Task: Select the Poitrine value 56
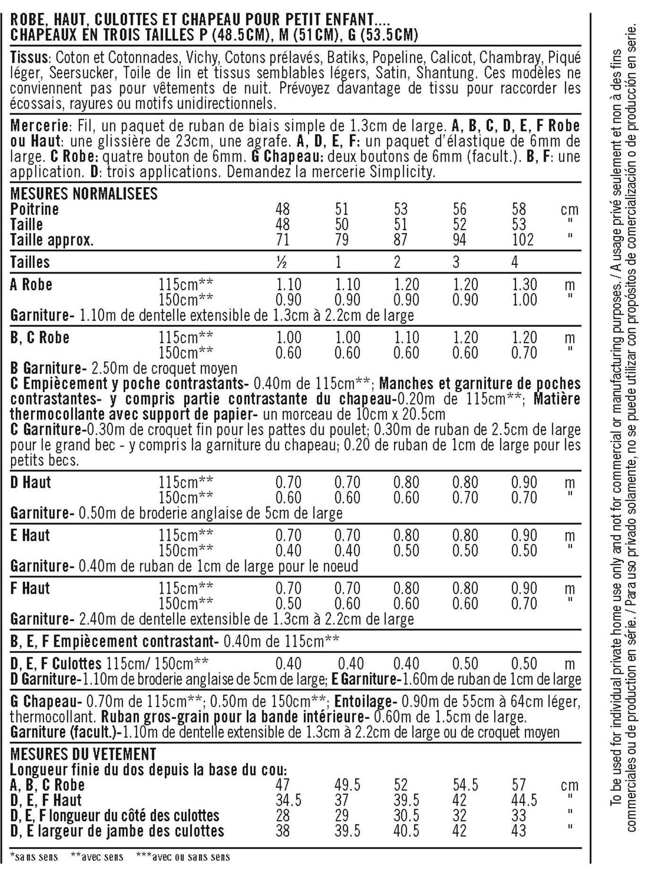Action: click(x=459, y=209)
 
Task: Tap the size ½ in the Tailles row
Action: click(x=282, y=262)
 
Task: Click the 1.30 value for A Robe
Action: click(x=524, y=284)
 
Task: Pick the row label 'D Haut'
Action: click(x=30, y=482)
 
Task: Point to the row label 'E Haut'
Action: click(x=30, y=535)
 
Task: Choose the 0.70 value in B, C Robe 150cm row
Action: click(x=524, y=353)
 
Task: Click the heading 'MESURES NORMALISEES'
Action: click(x=84, y=194)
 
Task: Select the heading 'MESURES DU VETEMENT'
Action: click(x=83, y=753)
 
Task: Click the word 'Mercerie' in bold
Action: click(x=39, y=126)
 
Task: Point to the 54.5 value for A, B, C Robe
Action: click(x=465, y=785)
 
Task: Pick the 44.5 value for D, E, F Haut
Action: click(x=524, y=800)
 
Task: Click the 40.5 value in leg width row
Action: click(x=406, y=831)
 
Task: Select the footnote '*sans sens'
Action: click(x=34, y=857)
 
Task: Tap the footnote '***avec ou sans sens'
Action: click(x=183, y=857)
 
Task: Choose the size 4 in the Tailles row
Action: click(x=515, y=262)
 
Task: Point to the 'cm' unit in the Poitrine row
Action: click(x=569, y=209)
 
